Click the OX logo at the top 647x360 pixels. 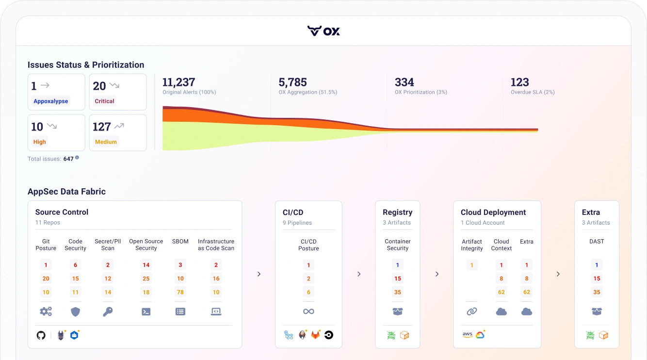pyautogui.click(x=323, y=31)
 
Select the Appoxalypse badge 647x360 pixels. pyautogui.click(x=51, y=101)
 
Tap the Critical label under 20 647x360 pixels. pyautogui.click(x=104, y=101)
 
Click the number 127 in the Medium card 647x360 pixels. pyautogui.click(x=102, y=127)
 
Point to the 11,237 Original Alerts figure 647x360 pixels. pyautogui.click(x=178, y=82)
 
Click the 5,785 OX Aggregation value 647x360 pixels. pyautogui.click(x=292, y=82)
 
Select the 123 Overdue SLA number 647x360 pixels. pyautogui.click(x=519, y=82)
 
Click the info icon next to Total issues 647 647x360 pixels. pyautogui.click(x=77, y=158)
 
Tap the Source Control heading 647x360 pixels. pyautogui.click(x=62, y=212)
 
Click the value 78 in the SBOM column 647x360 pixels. pyautogui.click(x=180, y=292)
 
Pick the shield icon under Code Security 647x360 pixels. pyautogui.click(x=76, y=311)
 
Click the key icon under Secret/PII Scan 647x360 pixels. pyautogui.click(x=108, y=311)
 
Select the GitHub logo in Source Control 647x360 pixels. pyautogui.click(x=41, y=335)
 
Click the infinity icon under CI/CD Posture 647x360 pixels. pyautogui.click(x=308, y=311)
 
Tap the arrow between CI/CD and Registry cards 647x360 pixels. pyautogui.click(x=359, y=274)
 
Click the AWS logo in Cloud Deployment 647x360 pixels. pyautogui.click(x=467, y=335)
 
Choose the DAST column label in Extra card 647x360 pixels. pyautogui.click(x=597, y=241)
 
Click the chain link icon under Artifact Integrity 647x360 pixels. pyautogui.click(x=472, y=311)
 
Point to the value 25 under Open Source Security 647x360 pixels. pyautogui.click(x=146, y=278)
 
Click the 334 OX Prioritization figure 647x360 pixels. pyautogui.click(x=404, y=82)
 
